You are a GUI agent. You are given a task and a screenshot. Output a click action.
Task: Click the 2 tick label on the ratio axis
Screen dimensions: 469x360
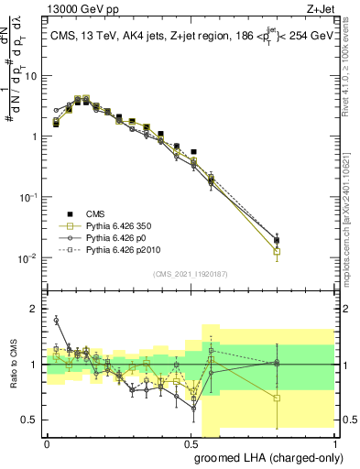(x=35, y=309)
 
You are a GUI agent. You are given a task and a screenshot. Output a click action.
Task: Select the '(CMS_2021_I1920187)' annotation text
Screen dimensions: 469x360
(x=189, y=272)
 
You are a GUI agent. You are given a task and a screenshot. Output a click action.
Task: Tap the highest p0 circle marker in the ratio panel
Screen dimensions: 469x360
(x=56, y=320)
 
